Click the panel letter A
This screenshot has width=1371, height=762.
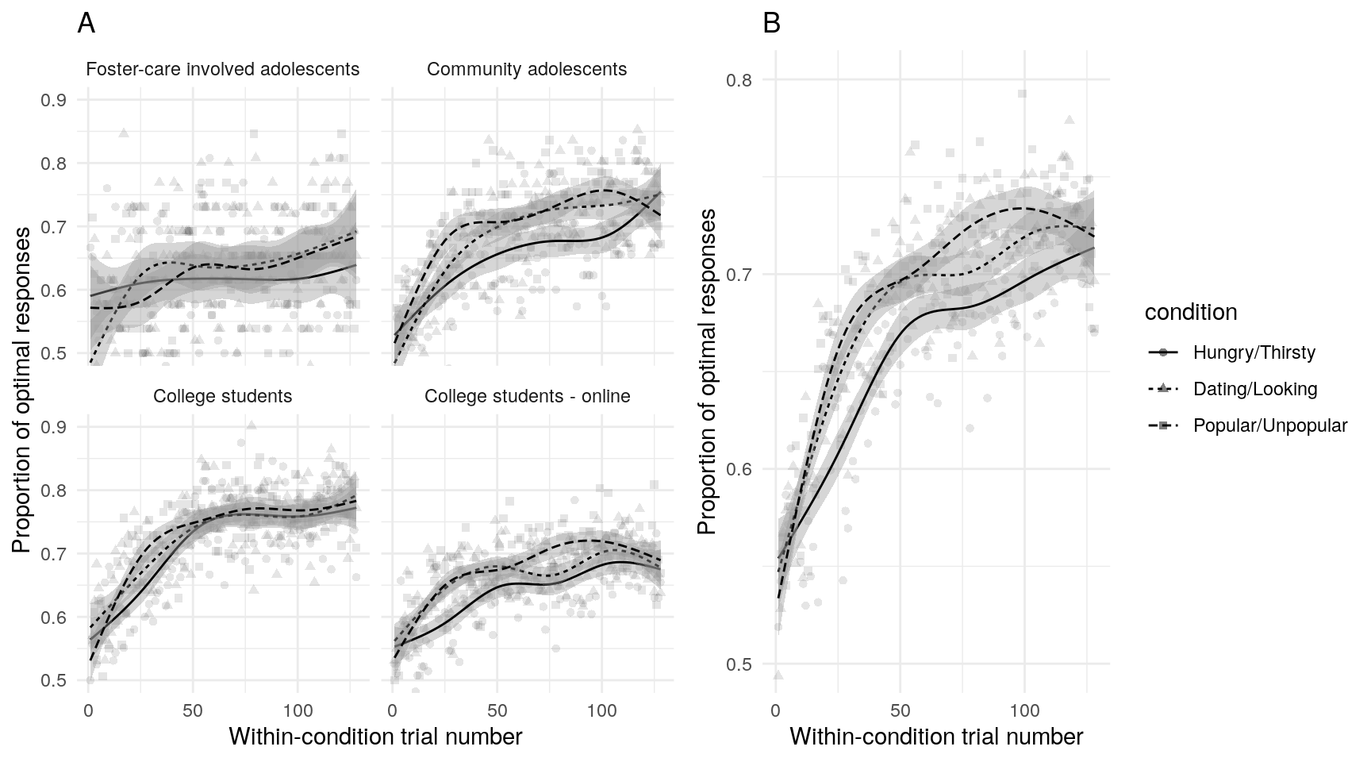point(86,25)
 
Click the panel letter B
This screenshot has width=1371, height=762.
point(771,25)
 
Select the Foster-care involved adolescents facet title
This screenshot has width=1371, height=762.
point(222,70)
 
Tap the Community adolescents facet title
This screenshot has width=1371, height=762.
point(527,70)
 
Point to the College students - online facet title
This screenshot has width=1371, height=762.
point(527,396)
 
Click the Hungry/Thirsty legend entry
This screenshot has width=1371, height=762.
point(1254,352)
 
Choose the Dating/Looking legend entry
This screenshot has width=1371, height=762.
point(1254,389)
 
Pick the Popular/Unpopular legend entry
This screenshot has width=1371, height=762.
point(1269,425)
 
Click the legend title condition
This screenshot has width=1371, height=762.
point(1191,313)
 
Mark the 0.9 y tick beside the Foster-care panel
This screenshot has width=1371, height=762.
point(54,100)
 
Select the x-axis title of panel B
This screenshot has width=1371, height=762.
point(936,737)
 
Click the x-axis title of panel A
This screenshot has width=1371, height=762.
point(375,737)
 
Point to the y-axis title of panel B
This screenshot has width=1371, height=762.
point(707,371)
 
